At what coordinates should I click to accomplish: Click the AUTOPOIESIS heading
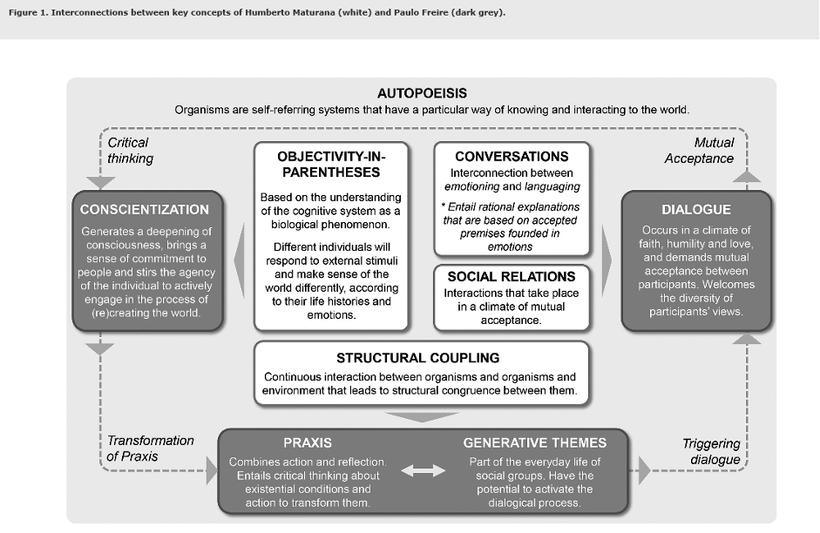[x=422, y=92]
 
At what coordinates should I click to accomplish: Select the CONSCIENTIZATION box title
[x=145, y=210]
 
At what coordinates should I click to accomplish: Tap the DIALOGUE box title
[x=696, y=210]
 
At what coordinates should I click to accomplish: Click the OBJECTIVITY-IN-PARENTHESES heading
[x=330, y=165]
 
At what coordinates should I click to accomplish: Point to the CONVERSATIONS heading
[x=512, y=157]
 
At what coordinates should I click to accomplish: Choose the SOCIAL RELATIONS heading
[x=512, y=277]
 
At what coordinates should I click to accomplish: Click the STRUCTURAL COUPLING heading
[x=418, y=358]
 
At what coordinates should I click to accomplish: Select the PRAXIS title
[x=308, y=442]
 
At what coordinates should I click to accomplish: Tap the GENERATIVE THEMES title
[x=535, y=442]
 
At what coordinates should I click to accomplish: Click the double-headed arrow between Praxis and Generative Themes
[x=423, y=470]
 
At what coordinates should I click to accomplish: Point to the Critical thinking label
[x=130, y=150]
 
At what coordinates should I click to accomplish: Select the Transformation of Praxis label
[x=150, y=449]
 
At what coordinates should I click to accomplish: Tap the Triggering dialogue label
[x=711, y=451]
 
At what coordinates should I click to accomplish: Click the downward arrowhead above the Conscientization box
[x=102, y=183]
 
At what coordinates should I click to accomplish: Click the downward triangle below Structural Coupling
[x=422, y=416]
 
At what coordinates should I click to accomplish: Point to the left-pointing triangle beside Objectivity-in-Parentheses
[x=240, y=253]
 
